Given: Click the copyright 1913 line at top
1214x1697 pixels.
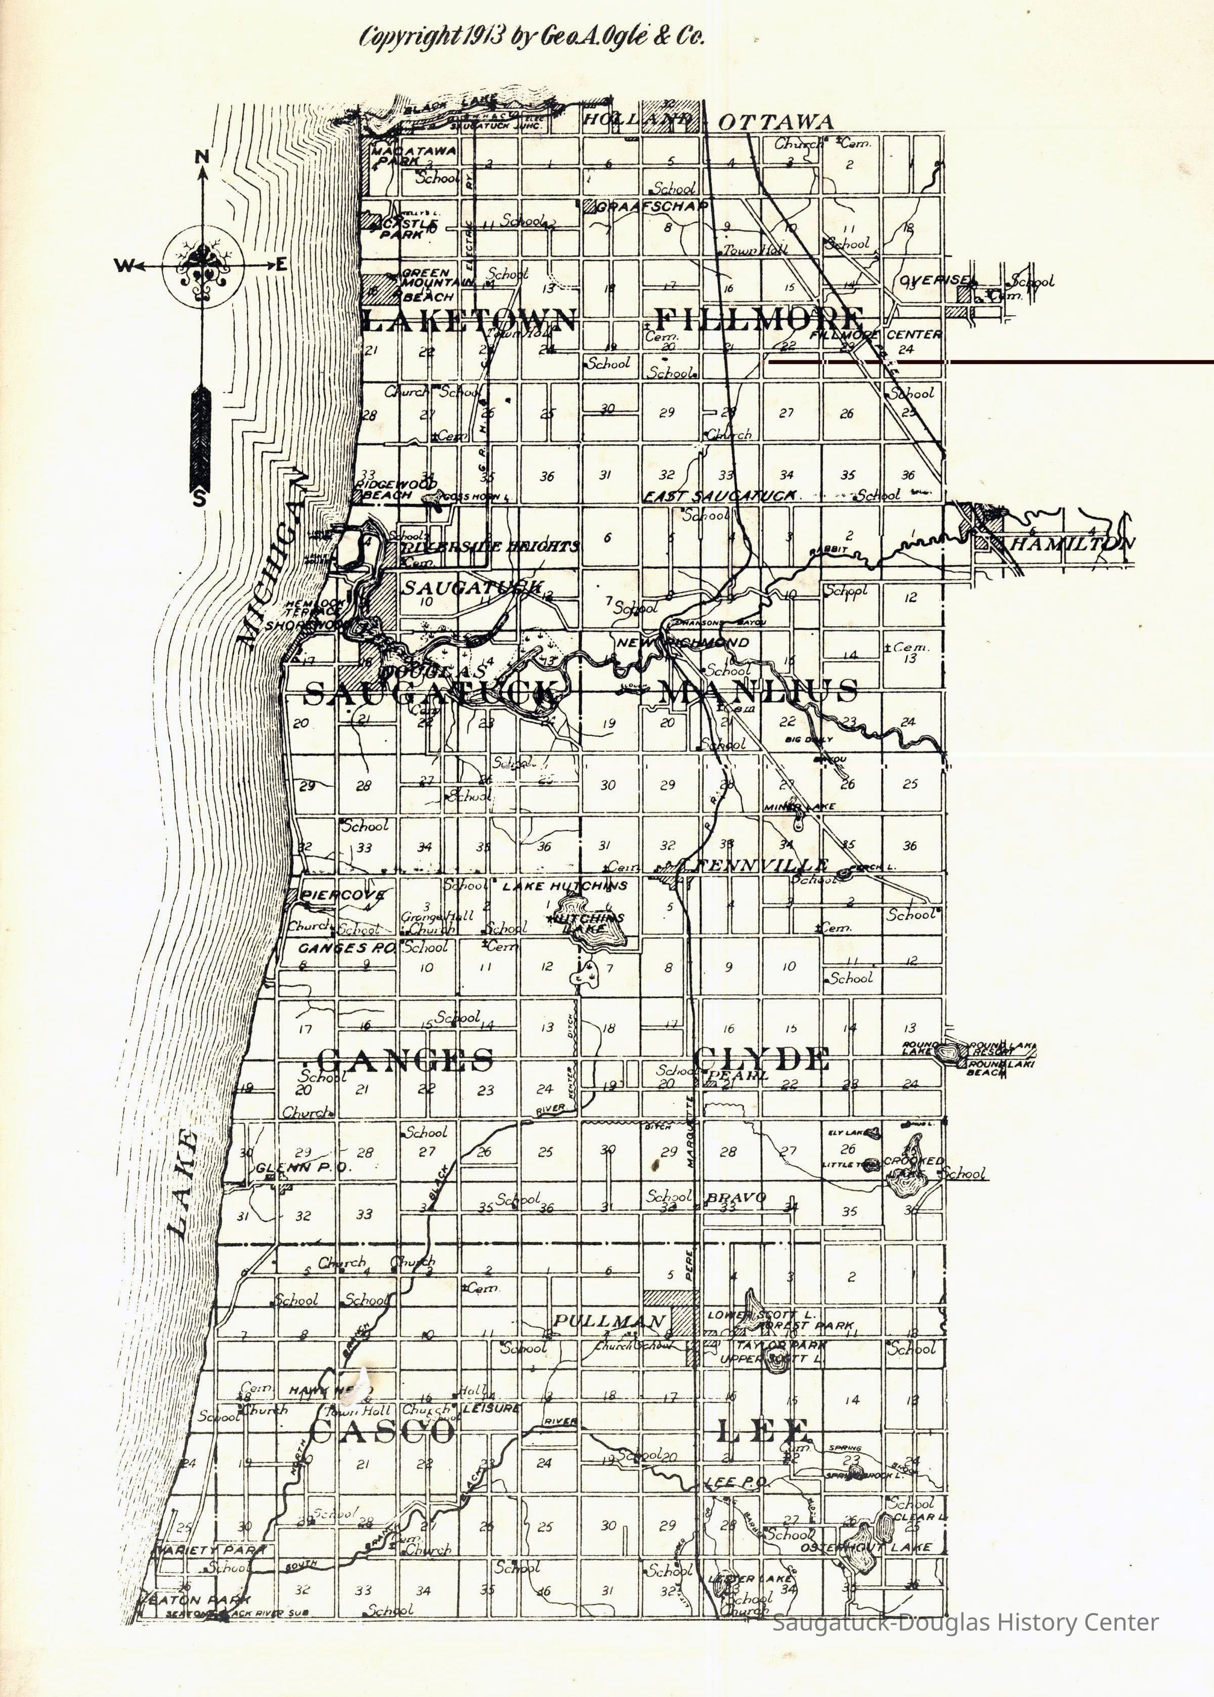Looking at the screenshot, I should (532, 36).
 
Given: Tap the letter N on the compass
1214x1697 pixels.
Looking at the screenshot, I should (202, 156).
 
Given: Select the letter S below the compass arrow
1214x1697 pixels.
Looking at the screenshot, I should (200, 499).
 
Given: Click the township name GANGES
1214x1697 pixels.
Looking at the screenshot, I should (405, 1059).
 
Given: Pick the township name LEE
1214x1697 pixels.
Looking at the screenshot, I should (762, 1431).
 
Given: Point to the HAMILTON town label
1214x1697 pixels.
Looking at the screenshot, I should (1070, 543).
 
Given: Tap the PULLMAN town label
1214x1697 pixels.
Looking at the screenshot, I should (609, 1321).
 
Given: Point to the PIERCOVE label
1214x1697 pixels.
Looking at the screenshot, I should (343, 894).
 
